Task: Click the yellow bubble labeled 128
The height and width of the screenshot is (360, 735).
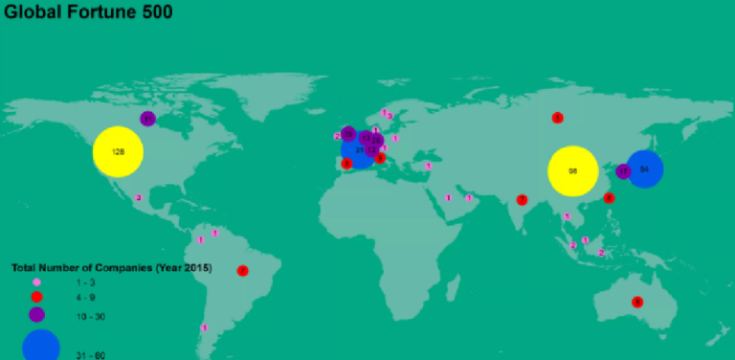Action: [118, 152]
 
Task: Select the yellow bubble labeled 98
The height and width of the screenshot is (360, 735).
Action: [572, 171]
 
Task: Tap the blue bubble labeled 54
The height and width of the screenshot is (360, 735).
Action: [644, 169]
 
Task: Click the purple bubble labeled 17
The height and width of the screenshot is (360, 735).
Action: [624, 171]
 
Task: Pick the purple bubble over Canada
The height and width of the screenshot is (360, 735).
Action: [147, 119]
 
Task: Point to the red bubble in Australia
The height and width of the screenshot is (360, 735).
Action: [637, 303]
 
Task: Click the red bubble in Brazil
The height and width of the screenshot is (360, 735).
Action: [242, 271]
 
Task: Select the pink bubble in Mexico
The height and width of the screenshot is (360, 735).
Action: [139, 197]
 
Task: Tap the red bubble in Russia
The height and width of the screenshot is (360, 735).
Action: [557, 118]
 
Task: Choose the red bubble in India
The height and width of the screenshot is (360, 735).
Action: [522, 200]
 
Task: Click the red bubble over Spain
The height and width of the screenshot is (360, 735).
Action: [346, 164]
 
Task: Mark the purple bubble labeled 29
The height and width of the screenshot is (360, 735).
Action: [348, 134]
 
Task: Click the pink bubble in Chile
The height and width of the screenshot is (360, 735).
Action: [204, 327]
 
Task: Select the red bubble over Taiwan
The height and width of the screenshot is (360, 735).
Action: [609, 198]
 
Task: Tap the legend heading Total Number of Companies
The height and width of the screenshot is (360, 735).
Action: [111, 267]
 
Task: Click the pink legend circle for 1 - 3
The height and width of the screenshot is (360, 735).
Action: [37, 282]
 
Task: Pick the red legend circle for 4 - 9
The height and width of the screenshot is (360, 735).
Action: [37, 297]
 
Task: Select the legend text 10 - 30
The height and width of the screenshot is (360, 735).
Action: [91, 314]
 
